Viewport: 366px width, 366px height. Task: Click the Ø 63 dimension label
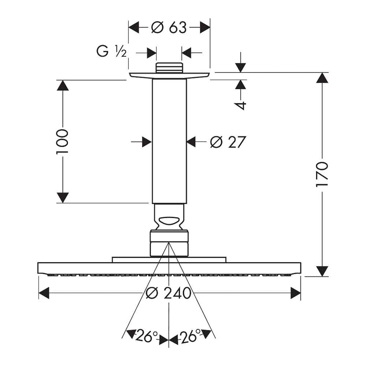(169, 27)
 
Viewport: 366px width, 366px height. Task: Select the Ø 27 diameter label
(228, 142)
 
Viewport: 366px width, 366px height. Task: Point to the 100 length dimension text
(62, 141)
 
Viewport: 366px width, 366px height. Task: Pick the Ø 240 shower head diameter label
(168, 293)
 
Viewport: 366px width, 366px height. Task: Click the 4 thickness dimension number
(240, 105)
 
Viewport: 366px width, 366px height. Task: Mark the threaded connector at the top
(169, 68)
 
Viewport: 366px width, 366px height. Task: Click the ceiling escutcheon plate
(169, 76)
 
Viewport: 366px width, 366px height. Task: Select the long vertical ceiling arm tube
(169, 141)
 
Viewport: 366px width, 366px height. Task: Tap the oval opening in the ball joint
(169, 221)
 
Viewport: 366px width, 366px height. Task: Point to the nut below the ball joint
(169, 243)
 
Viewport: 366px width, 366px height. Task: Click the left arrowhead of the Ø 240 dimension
(44, 293)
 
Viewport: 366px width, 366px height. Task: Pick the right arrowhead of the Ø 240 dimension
(295, 293)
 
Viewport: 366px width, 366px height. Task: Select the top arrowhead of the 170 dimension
(322, 78)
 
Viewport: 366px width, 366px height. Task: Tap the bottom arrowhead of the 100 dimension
(63, 198)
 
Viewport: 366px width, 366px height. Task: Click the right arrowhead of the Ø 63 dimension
(205, 27)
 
